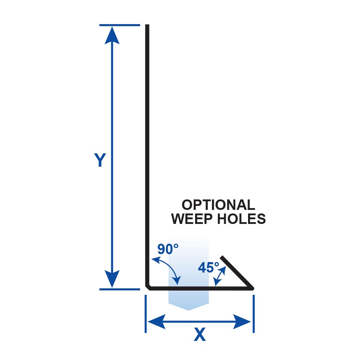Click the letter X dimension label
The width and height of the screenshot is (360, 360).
click(199, 335)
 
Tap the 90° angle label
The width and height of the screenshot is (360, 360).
click(168, 249)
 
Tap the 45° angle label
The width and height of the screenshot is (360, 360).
click(208, 267)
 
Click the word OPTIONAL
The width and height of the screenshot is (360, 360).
click(218, 205)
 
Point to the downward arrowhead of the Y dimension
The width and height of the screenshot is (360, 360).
click(112, 279)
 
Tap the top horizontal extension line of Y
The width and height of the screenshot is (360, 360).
click(119, 25)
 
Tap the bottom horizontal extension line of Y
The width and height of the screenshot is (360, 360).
click(119, 289)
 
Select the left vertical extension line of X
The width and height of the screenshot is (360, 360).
click(146, 313)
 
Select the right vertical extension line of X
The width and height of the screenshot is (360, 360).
click(254, 313)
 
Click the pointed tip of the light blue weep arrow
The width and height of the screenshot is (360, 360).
click(189, 309)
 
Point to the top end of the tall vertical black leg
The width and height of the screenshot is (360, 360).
click(147, 26)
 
